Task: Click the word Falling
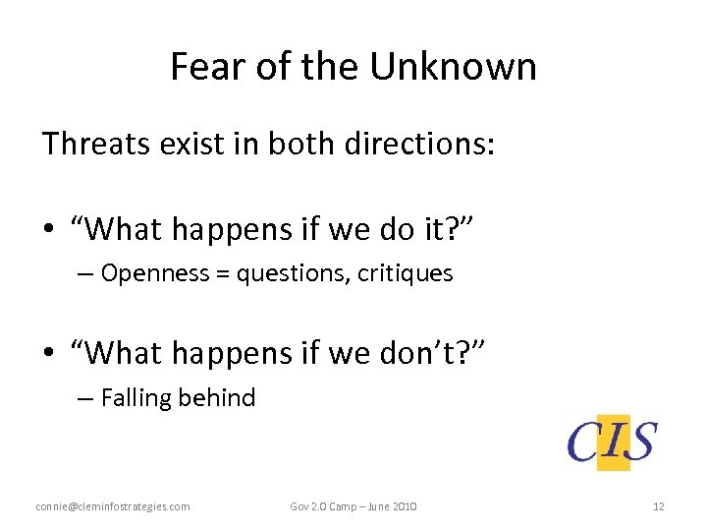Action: click(x=135, y=397)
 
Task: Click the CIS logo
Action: click(x=613, y=441)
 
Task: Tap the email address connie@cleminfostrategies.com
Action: click(x=113, y=506)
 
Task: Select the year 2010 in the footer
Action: click(x=404, y=506)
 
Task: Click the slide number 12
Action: click(x=658, y=506)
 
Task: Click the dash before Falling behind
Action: click(x=84, y=397)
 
